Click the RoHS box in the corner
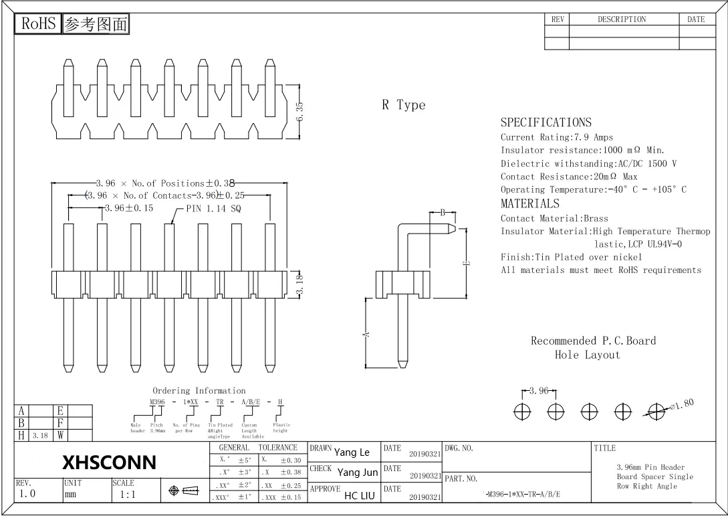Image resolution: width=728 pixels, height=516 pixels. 38,24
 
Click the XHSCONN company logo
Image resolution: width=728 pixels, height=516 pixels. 109,462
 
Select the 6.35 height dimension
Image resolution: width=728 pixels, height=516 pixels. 300,111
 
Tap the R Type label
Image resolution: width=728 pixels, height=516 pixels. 403,105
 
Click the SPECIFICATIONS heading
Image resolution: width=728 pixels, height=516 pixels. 545,122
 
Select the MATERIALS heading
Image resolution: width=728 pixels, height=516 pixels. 529,204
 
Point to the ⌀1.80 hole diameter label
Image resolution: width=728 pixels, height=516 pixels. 681,404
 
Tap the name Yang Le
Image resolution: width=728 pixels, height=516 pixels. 352,452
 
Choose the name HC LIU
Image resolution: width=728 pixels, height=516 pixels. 359,496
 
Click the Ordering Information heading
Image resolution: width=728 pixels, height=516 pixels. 199,390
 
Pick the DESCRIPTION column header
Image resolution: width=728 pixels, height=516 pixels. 622,19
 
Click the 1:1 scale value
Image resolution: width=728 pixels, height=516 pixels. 127,495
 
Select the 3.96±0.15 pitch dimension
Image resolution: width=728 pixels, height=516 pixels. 129,208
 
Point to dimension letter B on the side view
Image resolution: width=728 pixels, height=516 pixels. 443,213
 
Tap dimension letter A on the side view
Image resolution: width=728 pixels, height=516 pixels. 367,335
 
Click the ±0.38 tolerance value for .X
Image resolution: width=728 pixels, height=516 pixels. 291,472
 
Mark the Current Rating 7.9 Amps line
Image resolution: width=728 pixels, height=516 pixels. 556,137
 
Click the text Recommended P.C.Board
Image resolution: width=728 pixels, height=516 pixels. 593,341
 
